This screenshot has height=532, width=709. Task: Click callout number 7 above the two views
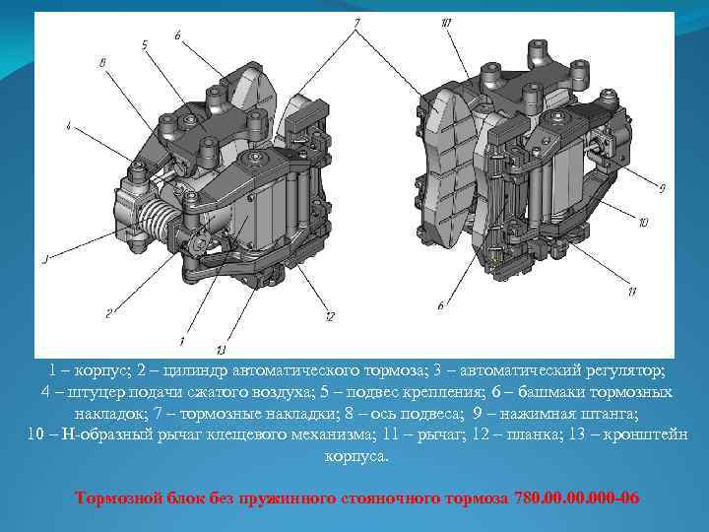click(357, 23)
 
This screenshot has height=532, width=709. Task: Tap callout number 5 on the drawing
click(145, 45)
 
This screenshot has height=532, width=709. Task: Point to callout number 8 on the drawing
click(102, 63)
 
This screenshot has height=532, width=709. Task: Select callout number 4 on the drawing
click(68, 126)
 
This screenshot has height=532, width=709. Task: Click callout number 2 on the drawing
click(109, 313)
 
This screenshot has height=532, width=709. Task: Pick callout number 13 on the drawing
click(222, 350)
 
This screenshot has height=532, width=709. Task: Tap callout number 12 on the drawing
click(331, 316)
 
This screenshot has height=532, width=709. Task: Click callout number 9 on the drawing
click(662, 188)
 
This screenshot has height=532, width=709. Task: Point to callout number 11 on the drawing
click(632, 292)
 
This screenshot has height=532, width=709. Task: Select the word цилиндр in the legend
click(195, 371)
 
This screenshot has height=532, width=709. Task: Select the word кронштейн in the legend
click(645, 434)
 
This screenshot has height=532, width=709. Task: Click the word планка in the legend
click(532, 434)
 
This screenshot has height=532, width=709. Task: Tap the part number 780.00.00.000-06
click(577, 499)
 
